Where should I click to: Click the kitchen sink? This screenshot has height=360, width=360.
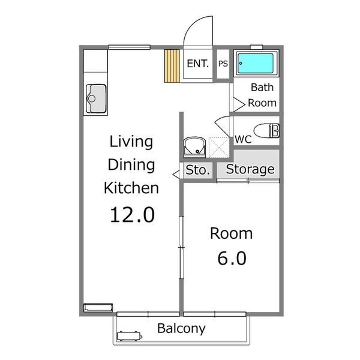tap(96, 98)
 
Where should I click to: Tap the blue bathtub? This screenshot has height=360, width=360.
tap(256, 63)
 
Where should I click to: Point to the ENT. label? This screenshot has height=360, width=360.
tap(198, 64)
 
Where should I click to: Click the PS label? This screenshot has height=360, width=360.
tap(223, 64)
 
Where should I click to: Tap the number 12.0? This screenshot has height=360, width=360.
tap(131, 214)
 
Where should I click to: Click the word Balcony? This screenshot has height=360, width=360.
tap(181, 329)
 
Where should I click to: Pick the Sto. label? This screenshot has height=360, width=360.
tap(197, 170)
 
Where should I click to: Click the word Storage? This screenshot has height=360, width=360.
tap(250, 170)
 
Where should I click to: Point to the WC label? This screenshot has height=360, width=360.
tap(242, 139)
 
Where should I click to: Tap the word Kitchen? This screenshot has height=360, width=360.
tap(131, 187)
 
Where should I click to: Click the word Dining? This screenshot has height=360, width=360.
tap(131, 164)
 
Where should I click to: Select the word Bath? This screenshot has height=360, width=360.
tap(262, 88)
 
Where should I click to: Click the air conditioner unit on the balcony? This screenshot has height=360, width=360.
tap(130, 336)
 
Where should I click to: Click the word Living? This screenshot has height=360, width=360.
tap(131, 142)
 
